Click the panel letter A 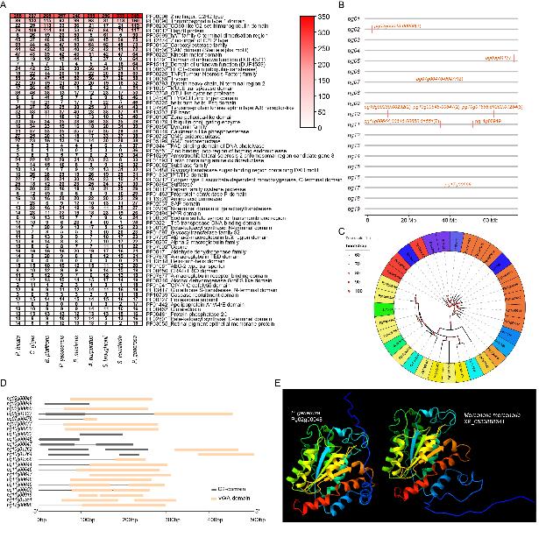[x=4, y=5]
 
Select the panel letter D [x=4, y=383]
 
